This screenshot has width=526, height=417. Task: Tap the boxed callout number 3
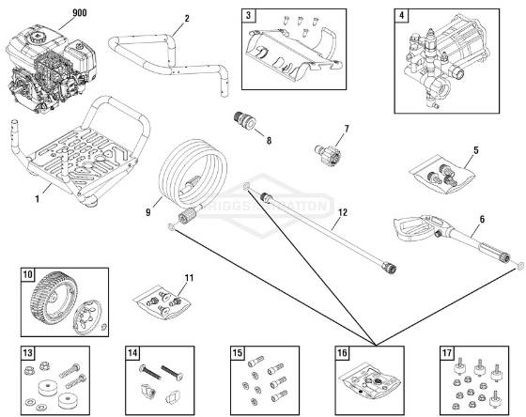tap(248, 15)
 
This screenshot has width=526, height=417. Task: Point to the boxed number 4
tap(402, 15)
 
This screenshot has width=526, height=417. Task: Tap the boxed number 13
tap(28, 353)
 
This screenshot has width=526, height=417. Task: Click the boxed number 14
tap(133, 353)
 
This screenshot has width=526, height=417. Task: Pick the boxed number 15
tap(239, 353)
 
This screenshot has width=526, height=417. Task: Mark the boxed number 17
tap(447, 353)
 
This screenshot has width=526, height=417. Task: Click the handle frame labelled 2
tap(174, 56)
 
